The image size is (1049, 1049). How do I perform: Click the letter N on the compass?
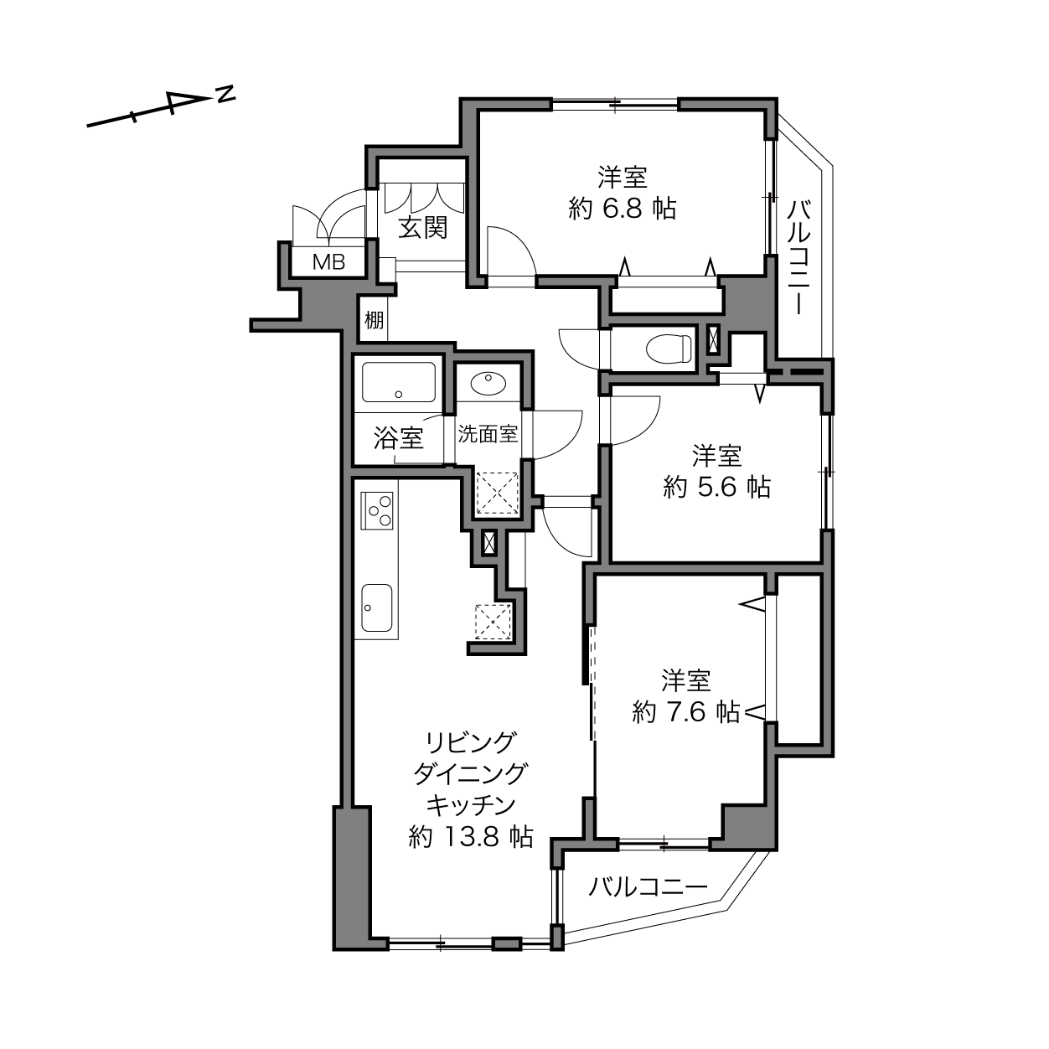pyautogui.click(x=225, y=94)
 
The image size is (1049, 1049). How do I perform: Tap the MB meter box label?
pyautogui.click(x=328, y=262)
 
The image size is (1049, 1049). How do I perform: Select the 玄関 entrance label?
pyautogui.click(x=423, y=228)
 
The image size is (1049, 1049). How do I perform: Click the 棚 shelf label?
pyautogui.click(x=374, y=320)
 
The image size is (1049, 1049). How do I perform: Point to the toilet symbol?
pyautogui.click(x=668, y=348)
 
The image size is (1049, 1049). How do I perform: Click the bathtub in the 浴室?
pyautogui.click(x=399, y=381)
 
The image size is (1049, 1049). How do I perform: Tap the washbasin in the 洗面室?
pyautogui.click(x=488, y=383)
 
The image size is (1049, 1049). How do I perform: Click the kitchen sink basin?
pyautogui.click(x=377, y=607)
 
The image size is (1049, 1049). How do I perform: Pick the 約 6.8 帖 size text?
pyautogui.click(x=623, y=209)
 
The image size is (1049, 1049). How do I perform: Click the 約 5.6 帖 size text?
pyautogui.click(x=717, y=486)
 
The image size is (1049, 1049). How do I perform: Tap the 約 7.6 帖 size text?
pyautogui.click(x=686, y=711)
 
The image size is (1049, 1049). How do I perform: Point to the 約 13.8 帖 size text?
pyautogui.click(x=471, y=836)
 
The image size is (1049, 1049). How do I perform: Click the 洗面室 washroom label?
pyautogui.click(x=487, y=434)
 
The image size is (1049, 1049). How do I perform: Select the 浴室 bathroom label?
pyautogui.click(x=399, y=437)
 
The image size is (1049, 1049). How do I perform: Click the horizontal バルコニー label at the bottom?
pyautogui.click(x=648, y=887)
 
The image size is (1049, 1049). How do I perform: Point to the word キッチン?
pyautogui.click(x=470, y=804)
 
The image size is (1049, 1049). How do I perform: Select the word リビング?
pyautogui.click(x=470, y=742)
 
